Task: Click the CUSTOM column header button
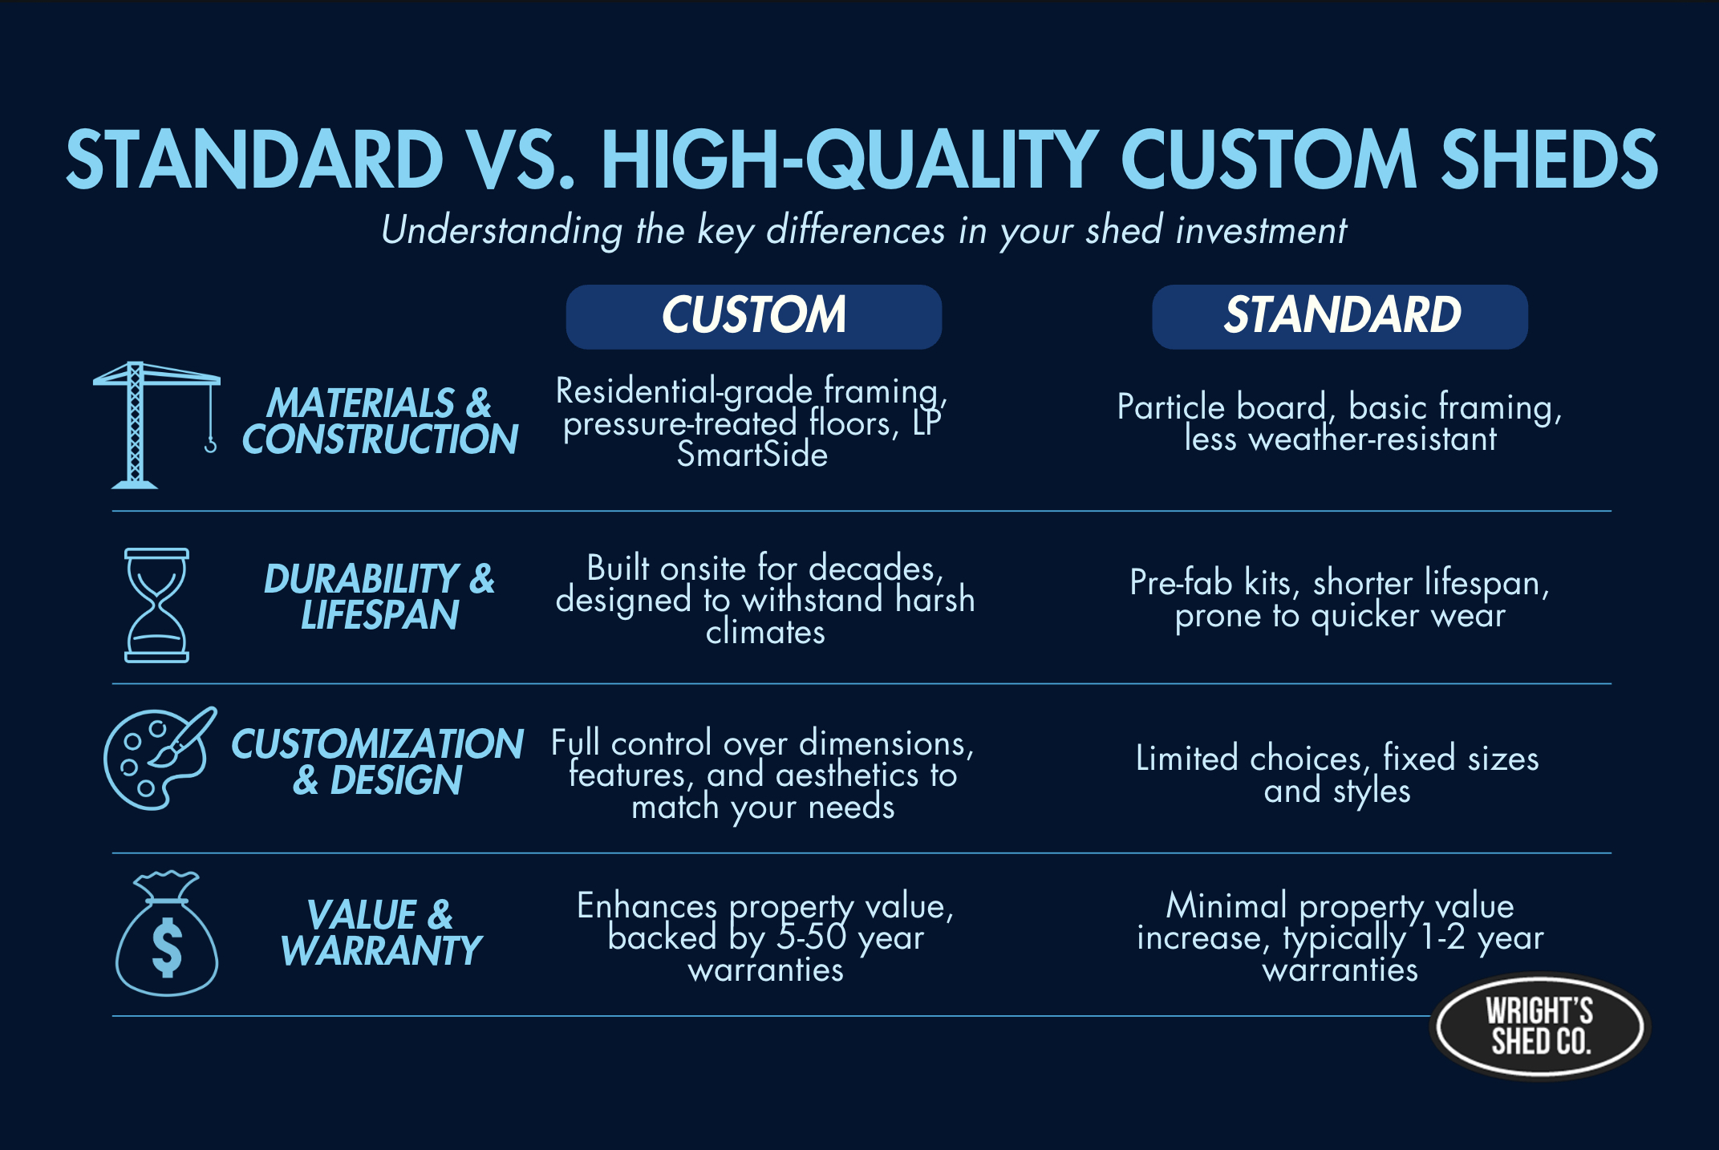[x=753, y=316]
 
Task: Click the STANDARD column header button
[x=1340, y=316]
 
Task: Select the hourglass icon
[x=156, y=605]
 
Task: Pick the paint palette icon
[x=159, y=759]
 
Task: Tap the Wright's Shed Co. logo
[x=1539, y=1026]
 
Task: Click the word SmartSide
[x=752, y=456]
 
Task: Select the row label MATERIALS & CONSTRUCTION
[x=379, y=421]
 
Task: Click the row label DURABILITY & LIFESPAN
[x=379, y=597]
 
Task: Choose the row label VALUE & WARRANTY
[x=380, y=933]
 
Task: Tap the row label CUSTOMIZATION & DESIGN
[x=377, y=762]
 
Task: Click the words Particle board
[x=1222, y=407]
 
